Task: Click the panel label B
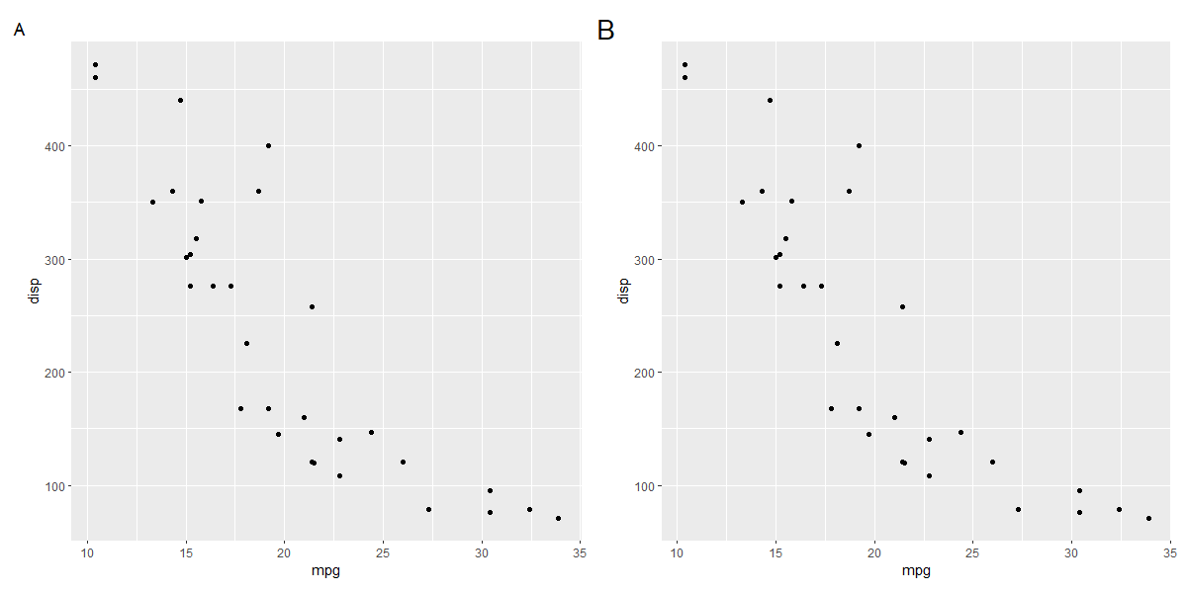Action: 606,32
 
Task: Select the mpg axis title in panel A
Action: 325,571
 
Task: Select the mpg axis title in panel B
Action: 916,571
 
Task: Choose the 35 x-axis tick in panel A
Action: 580,551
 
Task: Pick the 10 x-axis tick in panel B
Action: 677,551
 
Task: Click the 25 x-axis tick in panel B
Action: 972,551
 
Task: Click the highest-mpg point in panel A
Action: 558,518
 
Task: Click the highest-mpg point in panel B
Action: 1148,518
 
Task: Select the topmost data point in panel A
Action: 95,64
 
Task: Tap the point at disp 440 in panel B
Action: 770,100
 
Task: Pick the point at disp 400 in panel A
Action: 268,145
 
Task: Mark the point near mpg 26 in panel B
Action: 992,462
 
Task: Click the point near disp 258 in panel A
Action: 312,306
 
